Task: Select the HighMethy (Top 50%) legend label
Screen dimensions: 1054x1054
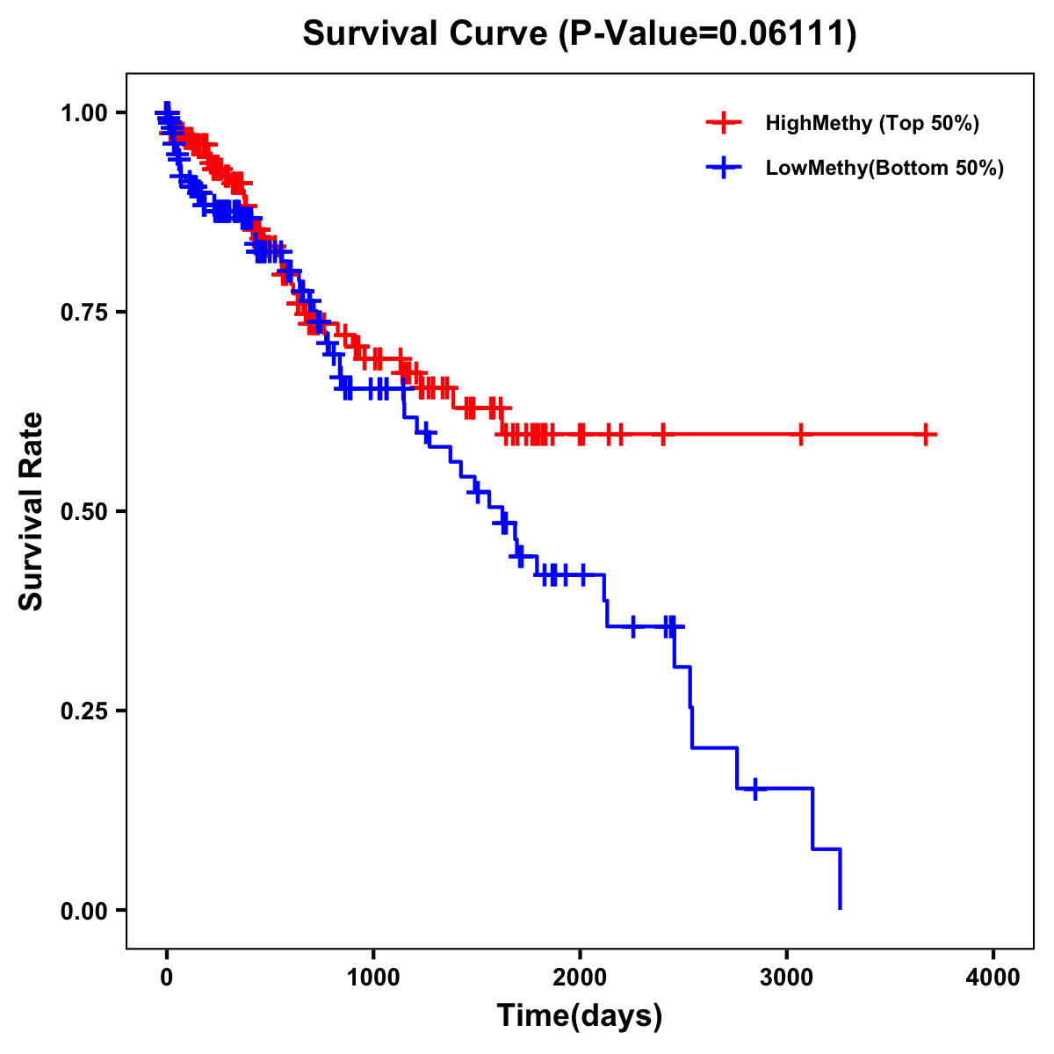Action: pyautogui.click(x=872, y=123)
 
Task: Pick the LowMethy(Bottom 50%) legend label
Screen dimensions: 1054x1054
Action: pyautogui.click(x=884, y=169)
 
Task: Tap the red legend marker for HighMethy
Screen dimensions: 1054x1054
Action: pyautogui.click(x=724, y=123)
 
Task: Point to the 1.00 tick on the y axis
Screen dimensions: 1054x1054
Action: pyautogui.click(x=84, y=112)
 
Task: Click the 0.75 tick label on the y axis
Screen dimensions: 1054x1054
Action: pyautogui.click(x=84, y=312)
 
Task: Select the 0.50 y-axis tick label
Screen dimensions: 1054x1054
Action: pyautogui.click(x=84, y=511)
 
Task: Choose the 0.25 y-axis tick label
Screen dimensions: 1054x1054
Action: pyautogui.click(x=84, y=711)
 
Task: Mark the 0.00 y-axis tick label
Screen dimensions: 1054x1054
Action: pyautogui.click(x=84, y=910)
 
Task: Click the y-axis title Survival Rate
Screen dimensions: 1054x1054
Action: pyautogui.click(x=32, y=510)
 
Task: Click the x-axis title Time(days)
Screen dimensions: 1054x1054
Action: pyautogui.click(x=580, y=1016)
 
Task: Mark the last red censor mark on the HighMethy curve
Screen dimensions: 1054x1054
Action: pyautogui.click(x=926, y=434)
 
